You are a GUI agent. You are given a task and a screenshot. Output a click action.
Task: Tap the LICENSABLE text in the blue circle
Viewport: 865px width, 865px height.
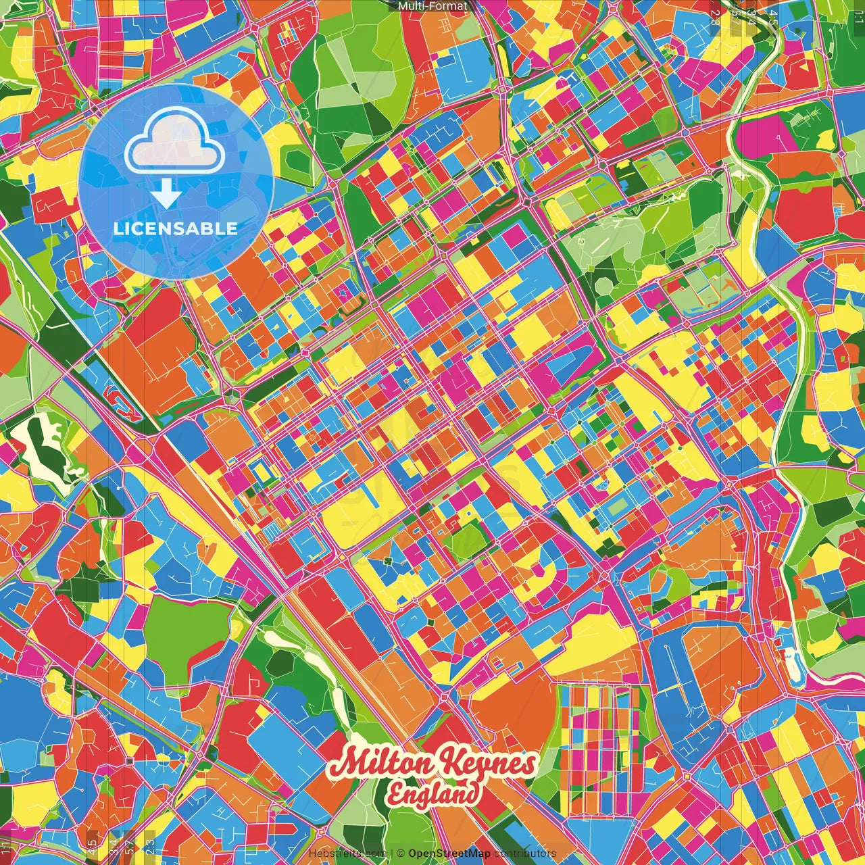click(176, 228)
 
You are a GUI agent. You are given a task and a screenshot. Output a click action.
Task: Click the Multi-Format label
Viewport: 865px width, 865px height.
click(432, 6)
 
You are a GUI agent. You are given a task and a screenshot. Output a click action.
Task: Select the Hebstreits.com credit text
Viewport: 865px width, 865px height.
click(347, 854)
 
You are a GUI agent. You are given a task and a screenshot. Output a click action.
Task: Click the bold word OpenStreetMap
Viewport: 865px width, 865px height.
click(449, 854)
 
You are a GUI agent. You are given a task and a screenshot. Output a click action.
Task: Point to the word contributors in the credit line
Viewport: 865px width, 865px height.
click(525, 854)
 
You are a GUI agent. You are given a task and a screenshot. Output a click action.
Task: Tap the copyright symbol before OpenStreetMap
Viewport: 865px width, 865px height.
click(401, 854)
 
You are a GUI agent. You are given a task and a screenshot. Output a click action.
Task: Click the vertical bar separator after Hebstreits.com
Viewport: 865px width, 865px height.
click(391, 854)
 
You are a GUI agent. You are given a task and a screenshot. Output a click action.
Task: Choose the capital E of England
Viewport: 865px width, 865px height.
click(397, 793)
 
